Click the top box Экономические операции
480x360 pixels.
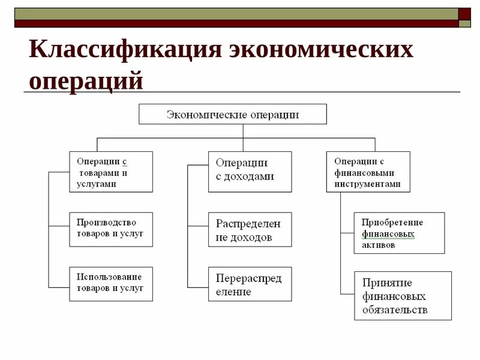click(233, 114)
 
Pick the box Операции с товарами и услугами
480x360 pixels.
click(110, 172)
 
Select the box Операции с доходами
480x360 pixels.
click(250, 172)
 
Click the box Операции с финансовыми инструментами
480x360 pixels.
click(368, 172)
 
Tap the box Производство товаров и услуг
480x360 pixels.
click(110, 229)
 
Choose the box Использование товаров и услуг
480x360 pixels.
click(110, 283)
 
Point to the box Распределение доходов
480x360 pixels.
click(250, 229)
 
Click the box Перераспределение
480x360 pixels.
click(250, 284)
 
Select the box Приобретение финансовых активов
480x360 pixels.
click(399, 233)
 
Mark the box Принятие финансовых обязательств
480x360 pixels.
click(403, 296)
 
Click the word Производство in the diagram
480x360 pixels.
click(106, 223)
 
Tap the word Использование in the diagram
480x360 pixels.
click(109, 277)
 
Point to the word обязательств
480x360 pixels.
click(395, 310)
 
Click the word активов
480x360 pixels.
click(379, 245)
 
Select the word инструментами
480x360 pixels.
click(368, 184)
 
